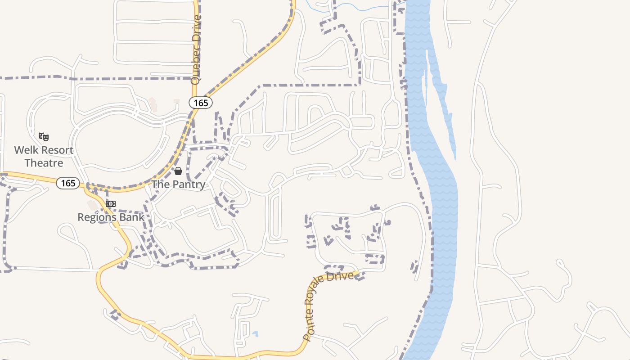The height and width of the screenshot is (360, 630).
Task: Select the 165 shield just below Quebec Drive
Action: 200,103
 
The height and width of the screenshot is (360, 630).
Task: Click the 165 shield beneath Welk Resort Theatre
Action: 68,183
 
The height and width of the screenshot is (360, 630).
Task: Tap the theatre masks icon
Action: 44,136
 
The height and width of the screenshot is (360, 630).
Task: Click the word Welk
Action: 26,150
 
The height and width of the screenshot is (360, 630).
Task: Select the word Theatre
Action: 44,162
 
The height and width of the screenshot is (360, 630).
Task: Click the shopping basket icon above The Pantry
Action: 178,171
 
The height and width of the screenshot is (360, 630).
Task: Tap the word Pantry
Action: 188,184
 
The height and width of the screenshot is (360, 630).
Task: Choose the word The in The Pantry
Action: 160,184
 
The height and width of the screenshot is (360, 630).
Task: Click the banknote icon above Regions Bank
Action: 110,204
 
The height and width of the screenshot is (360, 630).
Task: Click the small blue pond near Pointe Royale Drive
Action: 256,334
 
